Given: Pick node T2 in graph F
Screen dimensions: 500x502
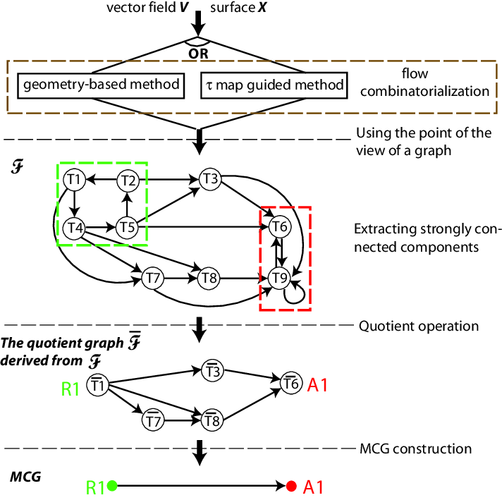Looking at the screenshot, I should coord(127,180).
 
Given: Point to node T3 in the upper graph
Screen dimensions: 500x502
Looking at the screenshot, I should coord(209,178).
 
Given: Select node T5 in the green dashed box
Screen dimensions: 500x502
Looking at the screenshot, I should coord(127,227).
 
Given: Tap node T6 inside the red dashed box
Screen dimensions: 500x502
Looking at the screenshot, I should coord(280,227).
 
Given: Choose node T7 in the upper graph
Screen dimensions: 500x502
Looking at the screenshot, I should coord(153,277).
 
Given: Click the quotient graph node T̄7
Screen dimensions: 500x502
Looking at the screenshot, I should coord(153,421).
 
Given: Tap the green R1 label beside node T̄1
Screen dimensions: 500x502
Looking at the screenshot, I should coord(70,387).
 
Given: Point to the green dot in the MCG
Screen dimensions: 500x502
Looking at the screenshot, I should coord(112,485).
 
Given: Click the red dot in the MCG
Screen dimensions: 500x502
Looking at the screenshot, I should coord(290,485).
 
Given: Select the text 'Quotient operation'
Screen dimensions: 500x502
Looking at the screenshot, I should coord(419,326).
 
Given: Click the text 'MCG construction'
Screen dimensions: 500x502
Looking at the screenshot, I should coord(415,448).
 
